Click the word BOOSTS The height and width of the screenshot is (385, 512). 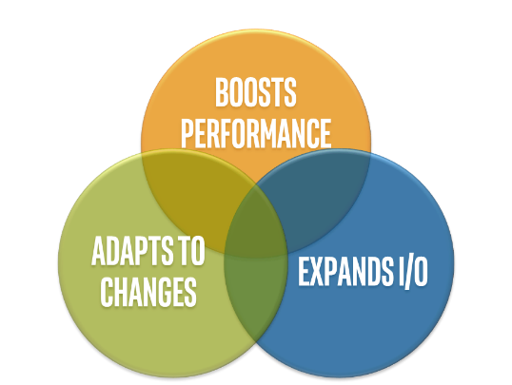click(256, 92)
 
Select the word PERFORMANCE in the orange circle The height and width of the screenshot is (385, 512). click(256, 133)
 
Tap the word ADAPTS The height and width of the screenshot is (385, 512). click(132, 251)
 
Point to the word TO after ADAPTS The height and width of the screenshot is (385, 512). click(190, 251)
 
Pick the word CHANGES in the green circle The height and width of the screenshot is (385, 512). click(148, 292)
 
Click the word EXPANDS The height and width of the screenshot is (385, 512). click(345, 272)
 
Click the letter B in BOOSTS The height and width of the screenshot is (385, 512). click(222, 92)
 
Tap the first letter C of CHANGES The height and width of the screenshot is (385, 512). click(107, 292)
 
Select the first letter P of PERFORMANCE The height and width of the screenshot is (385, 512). click(187, 133)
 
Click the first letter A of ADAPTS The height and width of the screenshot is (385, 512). click(98, 251)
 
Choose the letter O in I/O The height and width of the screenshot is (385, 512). click(421, 272)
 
